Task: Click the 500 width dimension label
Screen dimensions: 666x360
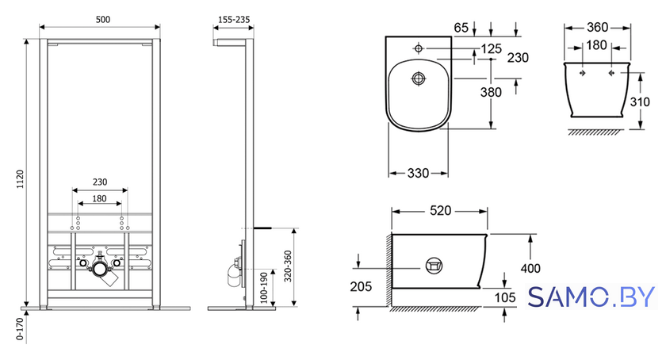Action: tap(103, 20)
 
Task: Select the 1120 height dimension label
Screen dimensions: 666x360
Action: tap(21, 179)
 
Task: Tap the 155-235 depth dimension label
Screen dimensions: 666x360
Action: tap(234, 20)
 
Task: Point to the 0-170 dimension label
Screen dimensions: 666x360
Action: tap(20, 330)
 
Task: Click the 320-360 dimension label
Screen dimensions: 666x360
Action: tap(288, 266)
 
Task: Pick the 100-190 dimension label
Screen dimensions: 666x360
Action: tap(264, 288)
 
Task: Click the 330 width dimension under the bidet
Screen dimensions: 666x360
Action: tap(418, 173)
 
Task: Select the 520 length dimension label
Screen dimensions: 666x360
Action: tap(440, 211)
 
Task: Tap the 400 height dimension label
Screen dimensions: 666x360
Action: tap(530, 268)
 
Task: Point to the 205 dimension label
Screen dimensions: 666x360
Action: tap(361, 287)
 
